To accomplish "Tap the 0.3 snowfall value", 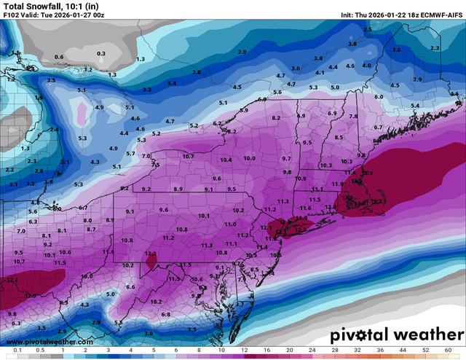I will tap(101, 53).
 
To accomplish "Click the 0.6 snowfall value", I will tap(59, 57).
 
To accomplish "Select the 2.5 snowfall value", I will tap(368, 29).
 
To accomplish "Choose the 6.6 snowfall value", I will tap(131, 287).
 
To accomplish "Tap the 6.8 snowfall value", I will tap(165, 314).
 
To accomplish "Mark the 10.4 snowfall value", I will tap(226, 160).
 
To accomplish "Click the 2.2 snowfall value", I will tap(9, 169).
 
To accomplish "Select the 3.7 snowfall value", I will tap(239, 304).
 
